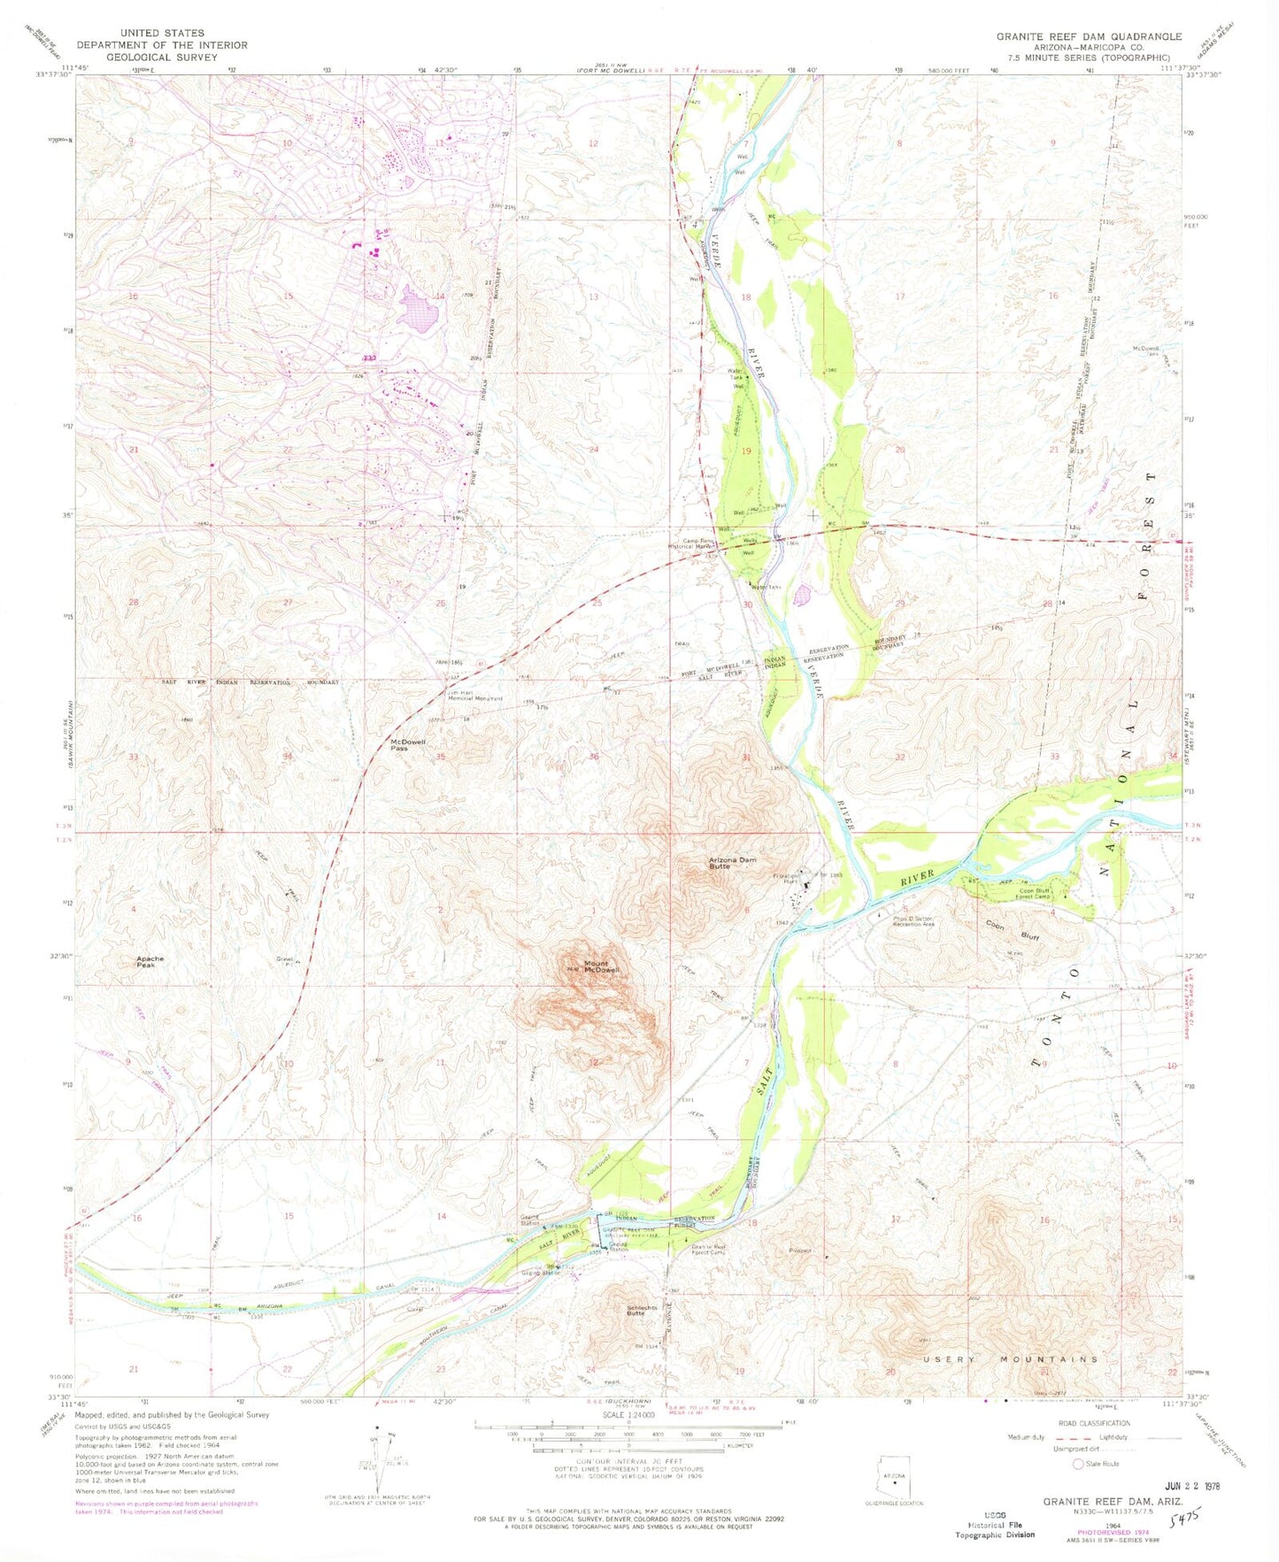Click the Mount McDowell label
tap(600, 967)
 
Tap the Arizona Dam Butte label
tap(731, 863)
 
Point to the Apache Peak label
tap(150, 962)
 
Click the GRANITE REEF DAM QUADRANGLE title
tap(1089, 36)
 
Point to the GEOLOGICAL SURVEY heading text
tap(161, 57)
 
